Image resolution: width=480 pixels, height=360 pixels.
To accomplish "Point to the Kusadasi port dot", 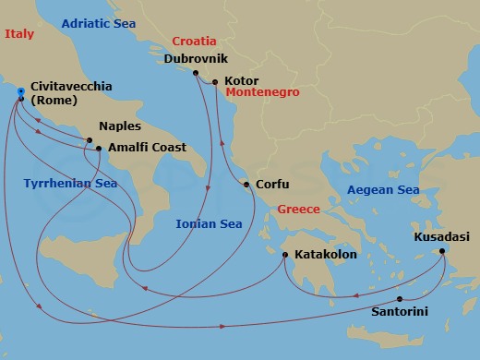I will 443,251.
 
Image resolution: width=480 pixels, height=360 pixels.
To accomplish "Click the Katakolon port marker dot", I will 285,255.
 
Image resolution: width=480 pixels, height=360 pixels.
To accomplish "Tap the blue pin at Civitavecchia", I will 19,90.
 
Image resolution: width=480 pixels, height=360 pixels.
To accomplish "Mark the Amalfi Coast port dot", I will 98,148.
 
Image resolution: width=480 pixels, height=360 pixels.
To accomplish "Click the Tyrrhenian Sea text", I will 69,183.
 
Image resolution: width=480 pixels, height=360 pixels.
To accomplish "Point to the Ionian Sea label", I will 209,223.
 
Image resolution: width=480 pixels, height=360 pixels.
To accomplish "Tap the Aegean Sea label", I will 382,190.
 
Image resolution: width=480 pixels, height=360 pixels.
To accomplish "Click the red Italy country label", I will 18,34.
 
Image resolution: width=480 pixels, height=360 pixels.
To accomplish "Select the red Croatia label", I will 194,42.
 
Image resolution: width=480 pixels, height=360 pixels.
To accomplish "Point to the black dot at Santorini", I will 399,299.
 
